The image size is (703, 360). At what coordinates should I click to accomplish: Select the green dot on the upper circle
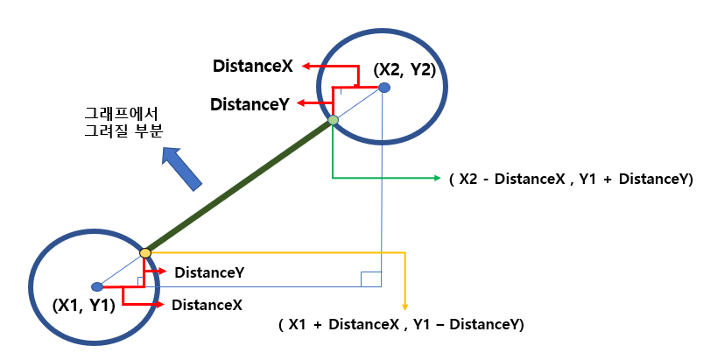334,120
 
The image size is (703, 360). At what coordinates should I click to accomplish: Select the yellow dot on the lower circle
145,253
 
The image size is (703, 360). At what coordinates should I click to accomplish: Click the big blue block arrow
183,168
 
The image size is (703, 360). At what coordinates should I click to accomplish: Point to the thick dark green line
239,187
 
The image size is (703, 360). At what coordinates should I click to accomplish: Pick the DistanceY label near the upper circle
250,104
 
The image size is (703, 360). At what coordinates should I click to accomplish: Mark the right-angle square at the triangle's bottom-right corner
371,279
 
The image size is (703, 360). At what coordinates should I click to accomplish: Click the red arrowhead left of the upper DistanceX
306,66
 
